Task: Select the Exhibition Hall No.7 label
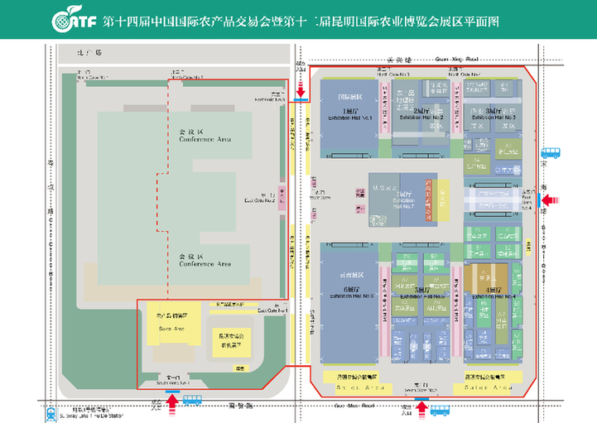403,200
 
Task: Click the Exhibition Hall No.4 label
495,296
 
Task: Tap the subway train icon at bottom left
51,411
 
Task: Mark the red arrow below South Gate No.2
421,406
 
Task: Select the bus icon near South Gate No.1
191,400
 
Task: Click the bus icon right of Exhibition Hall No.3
550,153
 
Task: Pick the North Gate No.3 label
394,74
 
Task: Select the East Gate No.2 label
259,198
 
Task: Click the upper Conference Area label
205,135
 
